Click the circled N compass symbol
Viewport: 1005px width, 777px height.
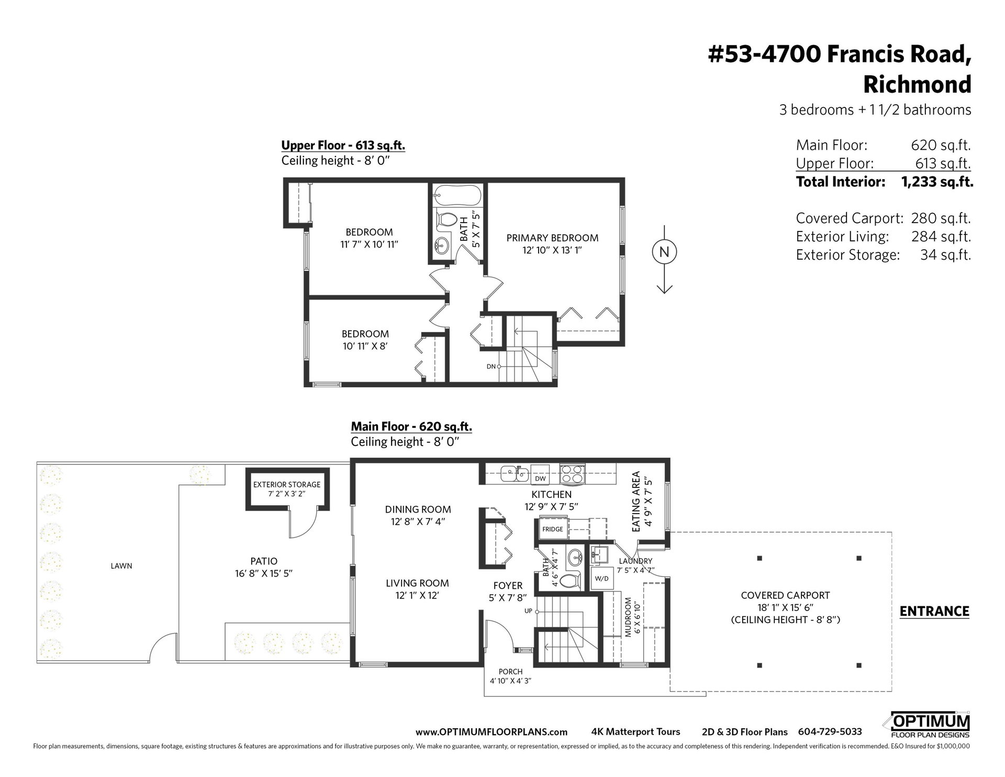(664, 252)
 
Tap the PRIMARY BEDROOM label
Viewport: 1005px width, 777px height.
(552, 238)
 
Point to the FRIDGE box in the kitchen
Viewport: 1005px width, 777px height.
(552, 529)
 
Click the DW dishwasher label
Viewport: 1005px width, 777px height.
(540, 479)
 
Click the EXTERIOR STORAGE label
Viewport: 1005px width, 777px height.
(287, 484)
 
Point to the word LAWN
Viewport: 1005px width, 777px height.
(121, 566)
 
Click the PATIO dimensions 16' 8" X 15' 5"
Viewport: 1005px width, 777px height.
(264, 573)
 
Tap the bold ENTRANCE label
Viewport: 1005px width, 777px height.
(934, 611)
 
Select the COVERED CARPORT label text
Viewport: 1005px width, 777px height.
(785, 595)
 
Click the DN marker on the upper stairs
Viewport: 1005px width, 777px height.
(491, 367)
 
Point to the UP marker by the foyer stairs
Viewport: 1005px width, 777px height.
(528, 611)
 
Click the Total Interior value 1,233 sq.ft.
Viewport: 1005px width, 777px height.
(937, 182)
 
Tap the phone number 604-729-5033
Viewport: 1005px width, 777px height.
(830, 732)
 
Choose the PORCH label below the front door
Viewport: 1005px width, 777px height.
(510, 672)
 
